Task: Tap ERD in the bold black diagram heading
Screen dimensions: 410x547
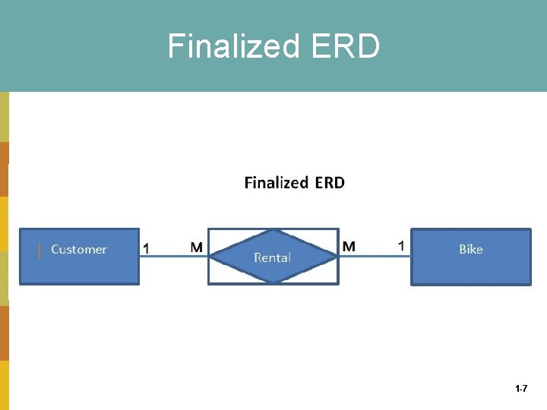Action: tap(329, 182)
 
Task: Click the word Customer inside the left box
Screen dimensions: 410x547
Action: tap(79, 249)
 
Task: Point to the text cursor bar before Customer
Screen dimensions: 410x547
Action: tap(40, 250)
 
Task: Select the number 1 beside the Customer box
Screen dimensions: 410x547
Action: tap(147, 248)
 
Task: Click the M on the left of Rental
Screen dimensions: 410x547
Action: tap(196, 247)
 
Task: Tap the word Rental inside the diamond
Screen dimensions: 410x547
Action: tap(272, 257)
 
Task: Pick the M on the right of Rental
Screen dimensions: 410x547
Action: tap(349, 246)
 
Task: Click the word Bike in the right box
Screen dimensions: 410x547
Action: tap(470, 249)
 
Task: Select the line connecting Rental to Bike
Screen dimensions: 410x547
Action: tap(375, 257)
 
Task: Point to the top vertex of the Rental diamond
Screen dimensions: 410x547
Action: tap(273, 230)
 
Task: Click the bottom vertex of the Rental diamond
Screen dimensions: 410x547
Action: tap(273, 282)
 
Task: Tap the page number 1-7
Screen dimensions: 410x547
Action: tap(521, 389)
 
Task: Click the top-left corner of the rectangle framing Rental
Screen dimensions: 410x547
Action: tap(209, 229)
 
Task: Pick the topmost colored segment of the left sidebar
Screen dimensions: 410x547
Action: tap(4, 117)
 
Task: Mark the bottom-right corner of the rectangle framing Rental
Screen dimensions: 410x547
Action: tap(338, 284)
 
